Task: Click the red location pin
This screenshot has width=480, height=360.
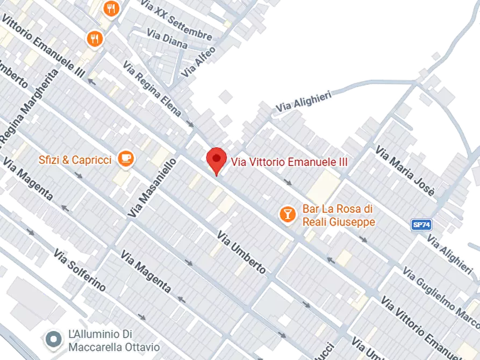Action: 216,160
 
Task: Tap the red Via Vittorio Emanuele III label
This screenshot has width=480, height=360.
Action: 289,162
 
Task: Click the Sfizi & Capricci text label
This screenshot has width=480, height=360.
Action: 75,160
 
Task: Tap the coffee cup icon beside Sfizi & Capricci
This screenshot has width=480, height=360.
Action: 126,158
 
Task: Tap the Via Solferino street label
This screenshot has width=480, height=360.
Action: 80,270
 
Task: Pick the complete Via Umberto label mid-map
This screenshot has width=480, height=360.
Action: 241,253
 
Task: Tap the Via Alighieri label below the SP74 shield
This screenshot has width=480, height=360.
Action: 449,253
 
